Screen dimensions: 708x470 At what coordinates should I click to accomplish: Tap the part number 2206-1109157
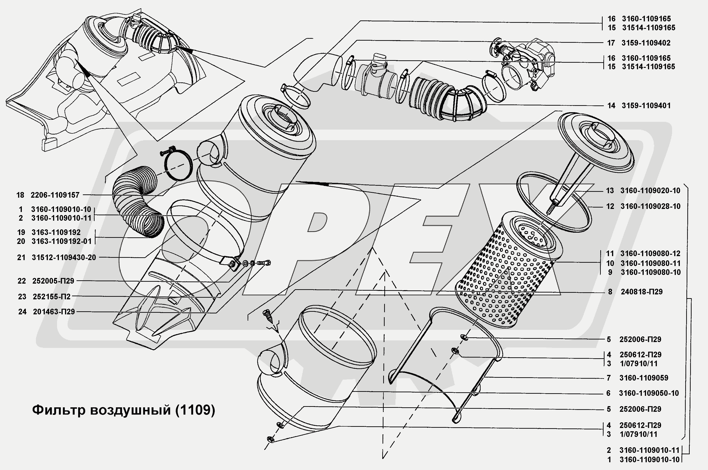pos(55,195)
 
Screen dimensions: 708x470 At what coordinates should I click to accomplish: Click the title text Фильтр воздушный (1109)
pos(123,410)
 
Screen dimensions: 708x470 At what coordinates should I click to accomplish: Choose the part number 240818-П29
pos(642,292)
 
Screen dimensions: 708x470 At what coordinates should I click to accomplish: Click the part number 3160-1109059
pos(644,378)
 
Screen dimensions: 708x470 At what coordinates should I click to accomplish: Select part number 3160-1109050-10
pos(649,393)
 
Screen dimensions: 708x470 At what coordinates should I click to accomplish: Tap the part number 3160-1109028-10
pos(650,206)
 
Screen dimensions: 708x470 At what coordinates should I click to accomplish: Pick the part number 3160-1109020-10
pos(650,190)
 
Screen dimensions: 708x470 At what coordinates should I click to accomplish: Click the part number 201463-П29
pos(54,312)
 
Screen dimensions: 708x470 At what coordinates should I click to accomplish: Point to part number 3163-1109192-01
pos(61,241)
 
